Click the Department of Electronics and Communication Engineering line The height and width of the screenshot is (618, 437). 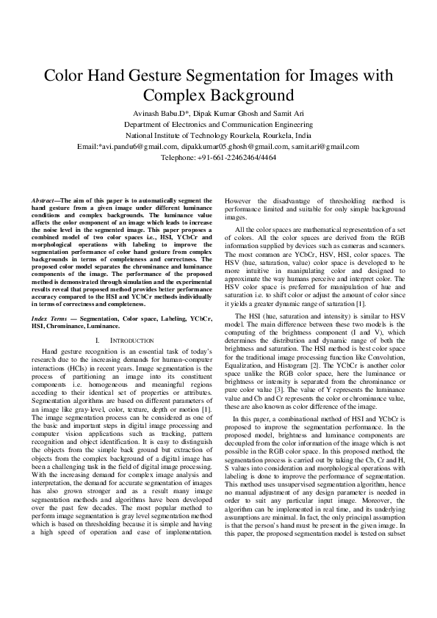[218, 126]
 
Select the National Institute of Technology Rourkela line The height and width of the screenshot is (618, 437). [218, 136]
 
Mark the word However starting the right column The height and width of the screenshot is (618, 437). [240, 200]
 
